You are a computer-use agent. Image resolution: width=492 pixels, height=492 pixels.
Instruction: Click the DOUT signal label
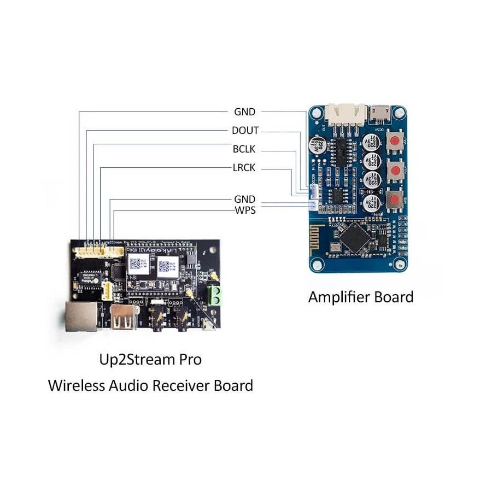(x=245, y=131)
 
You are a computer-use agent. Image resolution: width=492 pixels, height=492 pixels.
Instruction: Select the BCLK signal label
(x=244, y=149)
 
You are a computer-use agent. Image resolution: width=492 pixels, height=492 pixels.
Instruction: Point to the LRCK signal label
(x=244, y=167)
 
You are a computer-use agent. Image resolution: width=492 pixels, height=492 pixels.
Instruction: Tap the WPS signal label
(x=245, y=210)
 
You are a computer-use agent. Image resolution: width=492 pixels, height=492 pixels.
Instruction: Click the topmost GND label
(x=244, y=112)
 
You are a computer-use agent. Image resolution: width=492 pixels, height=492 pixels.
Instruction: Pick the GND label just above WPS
(x=244, y=200)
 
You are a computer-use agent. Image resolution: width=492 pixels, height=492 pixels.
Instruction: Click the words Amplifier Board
(x=361, y=297)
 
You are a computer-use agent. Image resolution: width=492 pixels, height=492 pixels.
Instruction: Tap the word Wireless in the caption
(x=77, y=385)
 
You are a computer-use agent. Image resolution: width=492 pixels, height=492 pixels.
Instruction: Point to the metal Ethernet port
(x=80, y=316)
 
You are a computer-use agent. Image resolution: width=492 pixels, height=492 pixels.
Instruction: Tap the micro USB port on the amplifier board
(x=378, y=113)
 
